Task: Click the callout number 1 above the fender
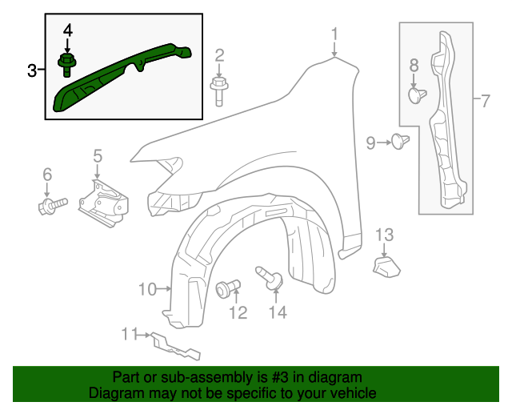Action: coord(334,34)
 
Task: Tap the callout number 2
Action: coord(218,55)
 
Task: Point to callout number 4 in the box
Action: coord(68,30)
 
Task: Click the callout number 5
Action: coord(98,155)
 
